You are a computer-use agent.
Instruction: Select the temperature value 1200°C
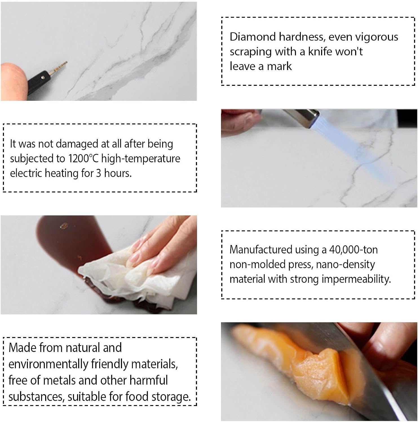[83, 158]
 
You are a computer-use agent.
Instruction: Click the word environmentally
[48, 364]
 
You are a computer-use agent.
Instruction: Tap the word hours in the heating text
[118, 173]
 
